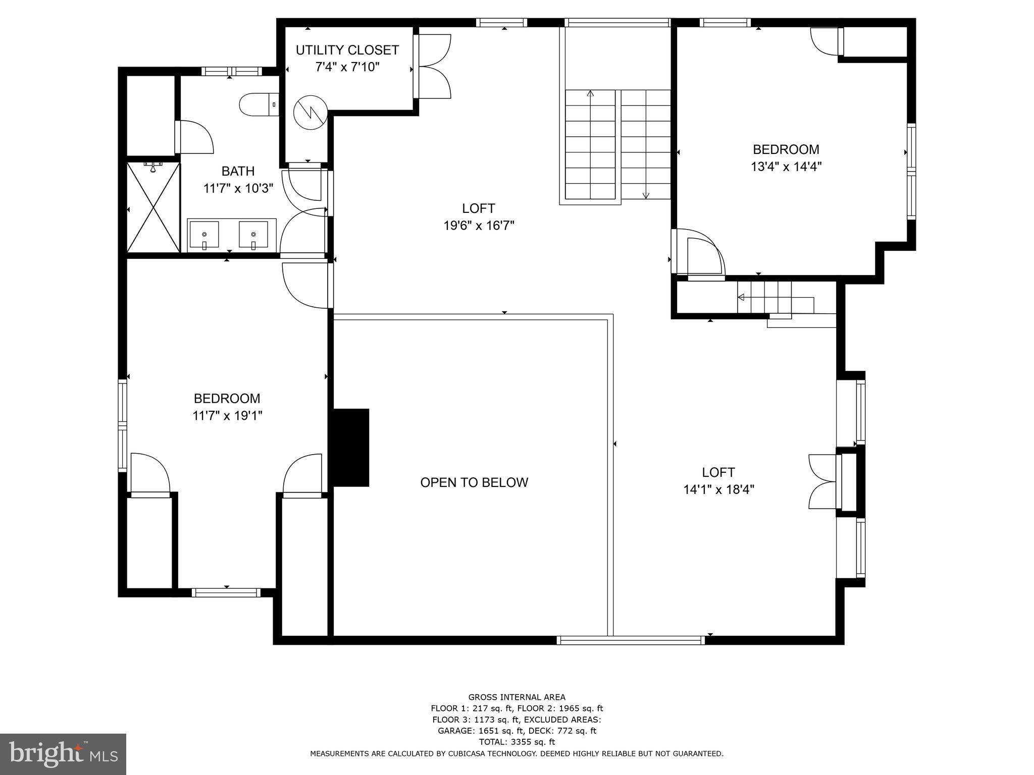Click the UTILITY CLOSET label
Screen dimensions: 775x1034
[x=347, y=50]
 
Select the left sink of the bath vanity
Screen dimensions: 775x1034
[x=204, y=235]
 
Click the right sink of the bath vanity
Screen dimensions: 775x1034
[x=253, y=235]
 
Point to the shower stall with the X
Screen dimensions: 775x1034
[x=153, y=207]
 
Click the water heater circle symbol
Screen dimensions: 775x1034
[x=310, y=112]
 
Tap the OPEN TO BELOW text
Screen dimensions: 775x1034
[x=474, y=482]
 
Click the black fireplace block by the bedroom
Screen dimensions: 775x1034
[x=350, y=448]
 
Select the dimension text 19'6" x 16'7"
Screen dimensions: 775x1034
[x=479, y=226]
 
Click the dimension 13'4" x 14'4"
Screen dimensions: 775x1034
[x=786, y=167]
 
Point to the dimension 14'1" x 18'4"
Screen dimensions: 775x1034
[x=718, y=489]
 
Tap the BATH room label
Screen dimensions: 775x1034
[x=238, y=171]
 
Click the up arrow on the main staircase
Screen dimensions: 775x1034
[x=590, y=93]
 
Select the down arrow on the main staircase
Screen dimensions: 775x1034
[x=646, y=195]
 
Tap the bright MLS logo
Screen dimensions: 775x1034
[x=63, y=754]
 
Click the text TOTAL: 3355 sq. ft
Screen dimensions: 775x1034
[x=516, y=742]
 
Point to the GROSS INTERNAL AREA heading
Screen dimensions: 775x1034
[x=516, y=697]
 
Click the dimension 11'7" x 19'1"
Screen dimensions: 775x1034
[x=227, y=416]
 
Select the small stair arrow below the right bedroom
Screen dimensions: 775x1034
[x=741, y=297]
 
